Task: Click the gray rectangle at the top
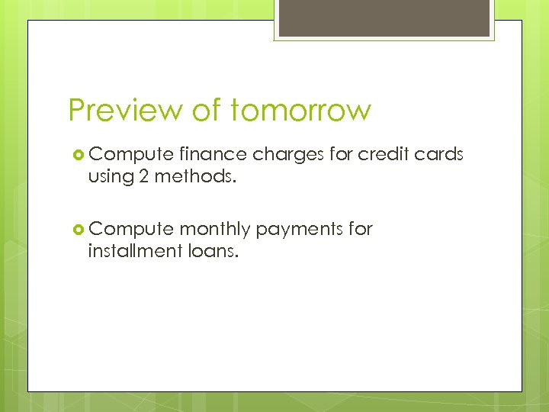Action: click(x=385, y=18)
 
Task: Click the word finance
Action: click(x=213, y=154)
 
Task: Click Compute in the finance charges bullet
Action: click(x=131, y=155)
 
